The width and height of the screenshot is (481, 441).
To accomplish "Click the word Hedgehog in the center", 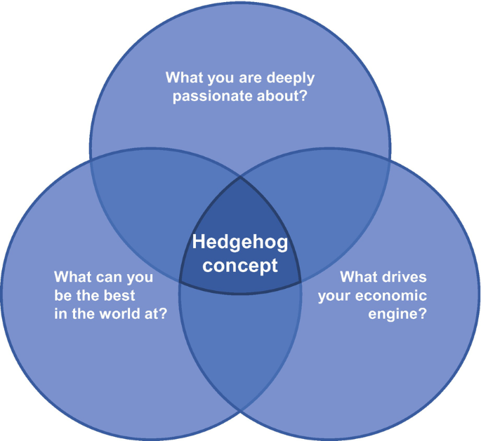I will coord(240,243).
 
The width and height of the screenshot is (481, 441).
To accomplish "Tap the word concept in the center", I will coord(240,266).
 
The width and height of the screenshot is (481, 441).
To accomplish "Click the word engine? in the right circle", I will coord(398,314).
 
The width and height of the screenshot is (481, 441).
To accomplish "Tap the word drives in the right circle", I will coord(402,277).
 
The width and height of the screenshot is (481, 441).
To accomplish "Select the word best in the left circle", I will coord(119,295).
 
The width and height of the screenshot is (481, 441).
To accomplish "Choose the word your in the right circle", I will coord(334,295).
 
